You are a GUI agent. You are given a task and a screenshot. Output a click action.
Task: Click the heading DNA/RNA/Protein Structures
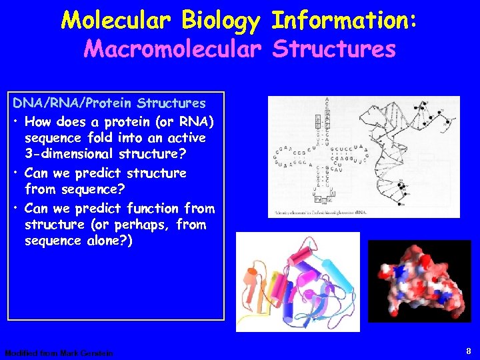(109, 103)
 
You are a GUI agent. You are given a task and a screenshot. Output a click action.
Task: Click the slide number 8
(469, 350)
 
